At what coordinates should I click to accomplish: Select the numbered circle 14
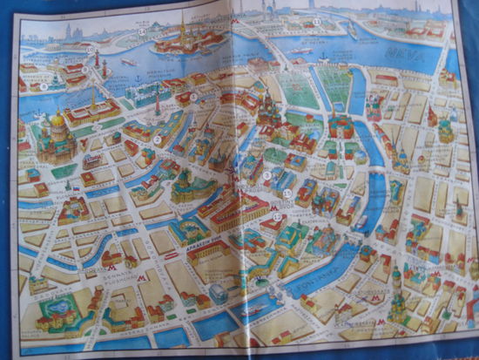coord(141,32)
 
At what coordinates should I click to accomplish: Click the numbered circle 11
coord(317,21)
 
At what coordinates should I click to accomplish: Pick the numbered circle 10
coord(91,50)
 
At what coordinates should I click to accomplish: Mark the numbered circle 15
coord(287,192)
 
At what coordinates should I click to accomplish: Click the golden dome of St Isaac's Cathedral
coord(57,119)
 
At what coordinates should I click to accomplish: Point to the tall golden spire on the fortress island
coord(183,19)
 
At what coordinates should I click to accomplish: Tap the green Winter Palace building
coord(139,92)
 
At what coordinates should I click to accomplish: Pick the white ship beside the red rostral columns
coord(129,62)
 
